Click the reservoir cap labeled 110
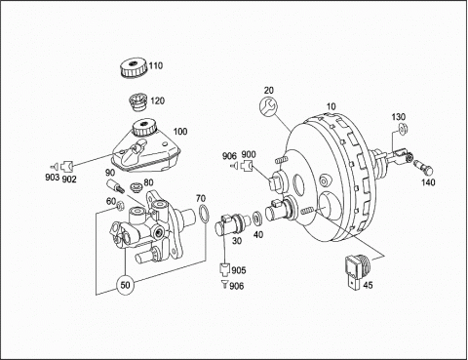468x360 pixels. tap(134, 68)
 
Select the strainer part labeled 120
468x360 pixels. tap(138, 101)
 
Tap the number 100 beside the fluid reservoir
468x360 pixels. tap(180, 132)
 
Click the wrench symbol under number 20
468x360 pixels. tap(268, 106)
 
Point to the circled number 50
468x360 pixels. tap(126, 285)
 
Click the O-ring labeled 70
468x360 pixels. tap(204, 214)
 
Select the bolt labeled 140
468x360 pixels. tap(424, 166)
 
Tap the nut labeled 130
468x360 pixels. tap(403, 128)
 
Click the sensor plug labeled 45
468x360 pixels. tap(358, 270)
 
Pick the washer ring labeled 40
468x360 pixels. tap(258, 219)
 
